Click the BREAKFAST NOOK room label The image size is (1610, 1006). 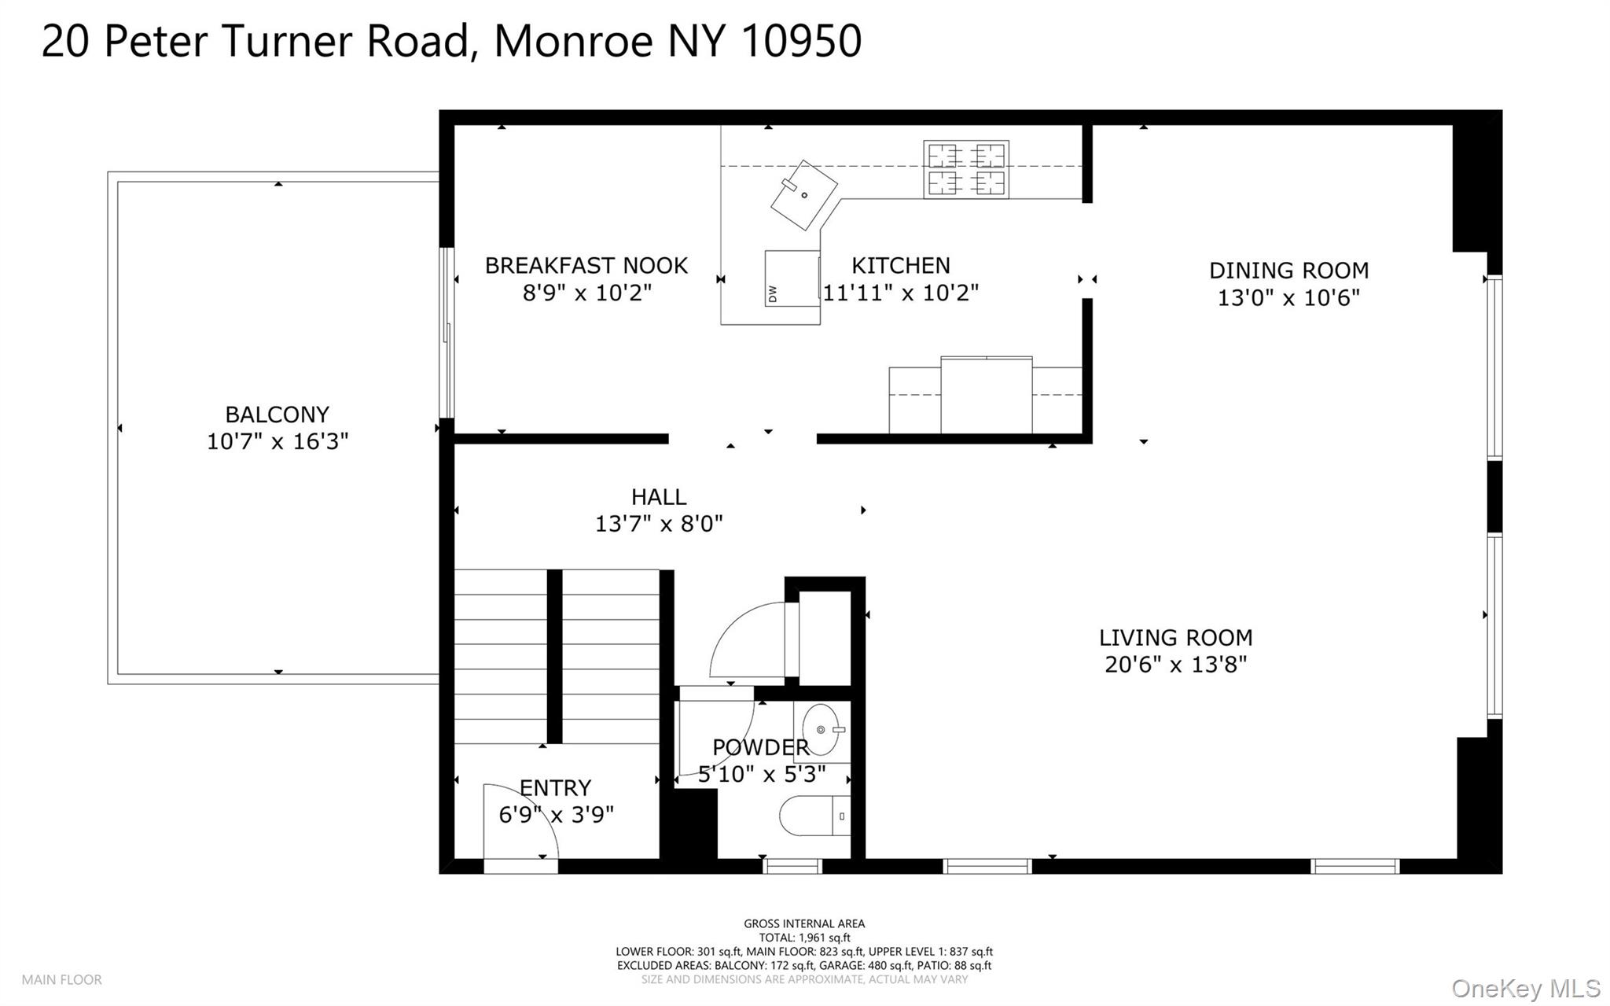[x=586, y=266]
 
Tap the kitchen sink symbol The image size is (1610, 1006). [x=804, y=195]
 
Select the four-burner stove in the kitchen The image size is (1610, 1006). [x=966, y=169]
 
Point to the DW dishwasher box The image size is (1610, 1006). [x=792, y=278]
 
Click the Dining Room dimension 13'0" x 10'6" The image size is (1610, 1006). [x=1288, y=298]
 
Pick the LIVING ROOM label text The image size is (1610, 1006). [x=1175, y=638]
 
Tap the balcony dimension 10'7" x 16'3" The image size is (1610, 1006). [x=277, y=442]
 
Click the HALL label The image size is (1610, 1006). [x=659, y=497]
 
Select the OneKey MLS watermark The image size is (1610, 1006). [x=1526, y=988]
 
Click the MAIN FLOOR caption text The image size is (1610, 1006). [x=61, y=980]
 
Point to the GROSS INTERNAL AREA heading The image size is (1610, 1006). [x=804, y=924]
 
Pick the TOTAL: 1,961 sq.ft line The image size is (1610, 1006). [x=804, y=938]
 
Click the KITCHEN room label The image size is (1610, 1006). [x=901, y=266]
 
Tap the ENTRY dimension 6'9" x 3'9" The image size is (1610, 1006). [x=556, y=815]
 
